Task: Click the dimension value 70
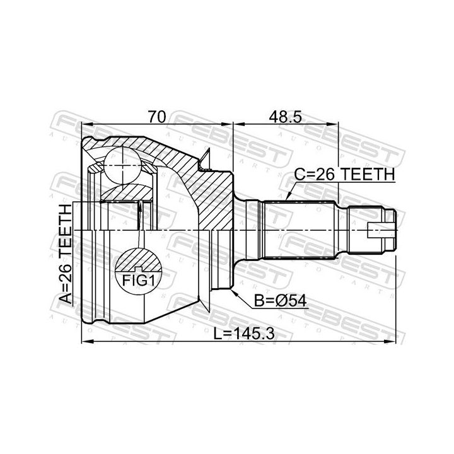[157, 117]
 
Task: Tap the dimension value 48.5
[286, 117]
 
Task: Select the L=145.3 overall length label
[244, 334]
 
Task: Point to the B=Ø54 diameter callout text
[280, 301]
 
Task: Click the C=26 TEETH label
[344, 174]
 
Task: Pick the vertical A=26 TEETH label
[65, 253]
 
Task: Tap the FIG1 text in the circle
[138, 280]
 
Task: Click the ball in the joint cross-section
[123, 165]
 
